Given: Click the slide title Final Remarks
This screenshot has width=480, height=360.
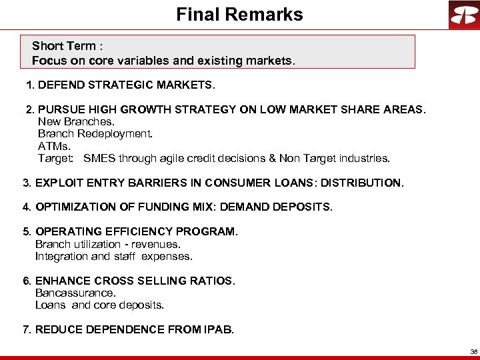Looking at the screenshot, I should [239, 15].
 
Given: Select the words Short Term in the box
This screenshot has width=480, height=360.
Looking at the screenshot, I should [64, 46].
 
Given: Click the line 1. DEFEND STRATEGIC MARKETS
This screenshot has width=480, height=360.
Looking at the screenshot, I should [120, 86].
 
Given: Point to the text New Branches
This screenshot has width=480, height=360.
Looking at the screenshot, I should [76, 121].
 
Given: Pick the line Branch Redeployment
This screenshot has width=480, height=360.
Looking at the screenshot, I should [95, 133].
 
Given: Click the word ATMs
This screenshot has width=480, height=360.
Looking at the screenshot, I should [55, 146].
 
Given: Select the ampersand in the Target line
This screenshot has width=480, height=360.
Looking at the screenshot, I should [273, 159].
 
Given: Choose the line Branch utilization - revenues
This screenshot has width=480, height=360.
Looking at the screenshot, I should [107, 244].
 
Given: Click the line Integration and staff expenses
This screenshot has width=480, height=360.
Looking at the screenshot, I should [113, 256].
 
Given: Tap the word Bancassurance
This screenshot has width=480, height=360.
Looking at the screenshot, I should [75, 293].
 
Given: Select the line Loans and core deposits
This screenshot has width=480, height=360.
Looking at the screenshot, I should [99, 305].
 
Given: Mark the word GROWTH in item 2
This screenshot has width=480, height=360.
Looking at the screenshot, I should [161, 109].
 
